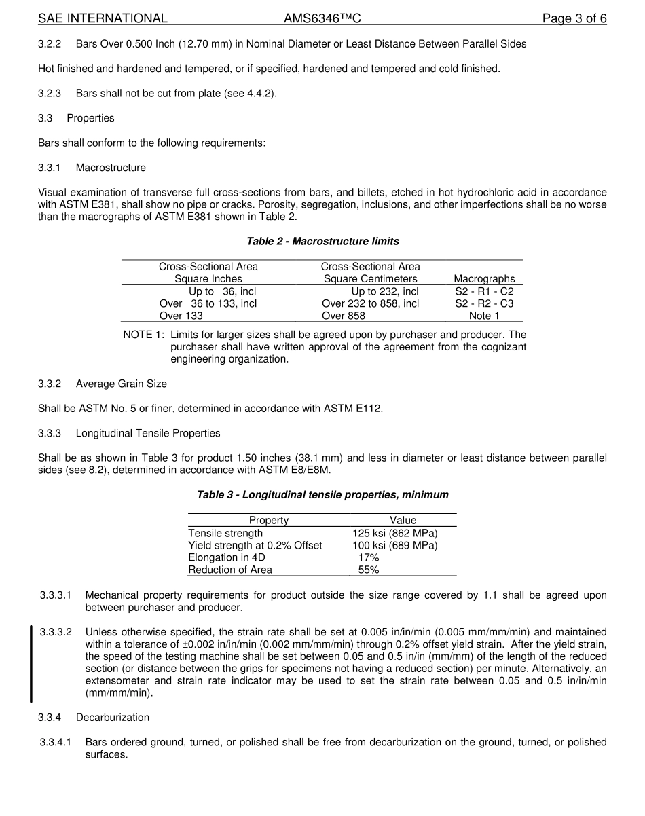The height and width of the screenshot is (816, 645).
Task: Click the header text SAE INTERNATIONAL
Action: [x=103, y=18]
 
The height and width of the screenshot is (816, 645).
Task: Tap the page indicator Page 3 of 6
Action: [x=574, y=18]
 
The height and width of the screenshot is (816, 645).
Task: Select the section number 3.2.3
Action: [x=50, y=93]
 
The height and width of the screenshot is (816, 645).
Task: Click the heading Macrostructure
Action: [x=111, y=168]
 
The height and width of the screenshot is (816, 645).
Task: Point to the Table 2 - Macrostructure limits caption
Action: [x=322, y=241]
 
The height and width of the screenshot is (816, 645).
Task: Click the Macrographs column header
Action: [x=484, y=279]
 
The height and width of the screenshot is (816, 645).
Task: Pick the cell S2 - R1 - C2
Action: [x=484, y=291]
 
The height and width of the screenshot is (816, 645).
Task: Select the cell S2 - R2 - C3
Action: [x=484, y=303]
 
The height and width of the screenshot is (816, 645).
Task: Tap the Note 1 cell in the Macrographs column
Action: [x=484, y=316]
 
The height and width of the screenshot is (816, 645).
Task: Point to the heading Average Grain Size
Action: [x=121, y=384]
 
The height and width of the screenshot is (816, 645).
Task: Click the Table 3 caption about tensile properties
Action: [x=322, y=494]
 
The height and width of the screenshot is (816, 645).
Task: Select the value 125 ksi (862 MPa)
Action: [x=395, y=533]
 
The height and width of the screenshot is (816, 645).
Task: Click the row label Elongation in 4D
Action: [x=227, y=557]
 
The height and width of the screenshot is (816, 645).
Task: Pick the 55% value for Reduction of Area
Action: [x=369, y=570]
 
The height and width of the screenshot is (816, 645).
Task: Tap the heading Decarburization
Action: [x=113, y=718]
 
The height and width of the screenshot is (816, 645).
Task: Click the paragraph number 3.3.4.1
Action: [x=56, y=742]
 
